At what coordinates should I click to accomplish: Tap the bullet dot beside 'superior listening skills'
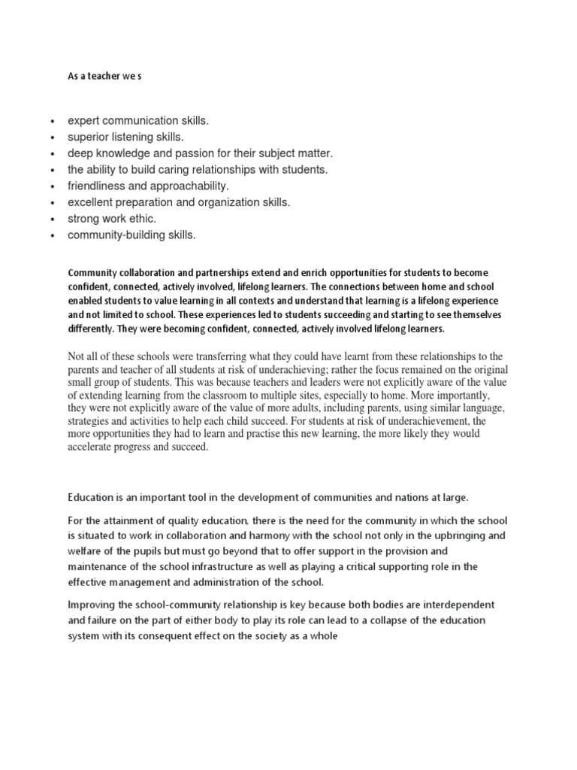point(52,138)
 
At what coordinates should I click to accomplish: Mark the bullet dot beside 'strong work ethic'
point(52,220)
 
